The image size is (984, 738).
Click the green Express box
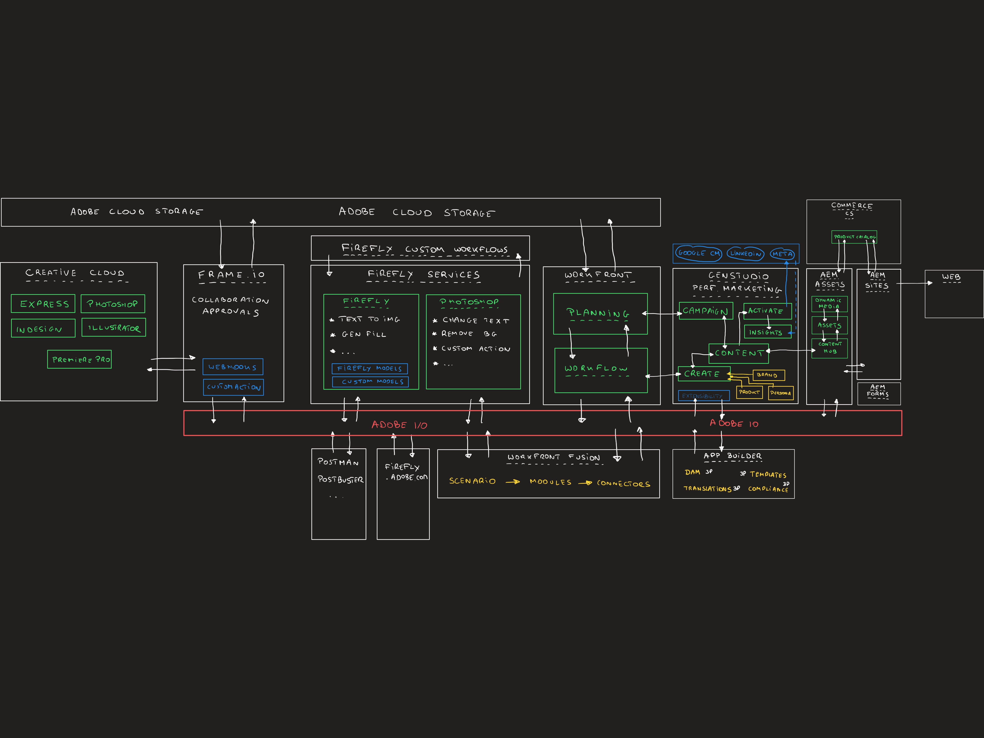43,304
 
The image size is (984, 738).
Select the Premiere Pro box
80,360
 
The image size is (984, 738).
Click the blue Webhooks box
233,367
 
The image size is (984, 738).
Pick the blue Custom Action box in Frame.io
233,387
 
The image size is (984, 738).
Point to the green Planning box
600,314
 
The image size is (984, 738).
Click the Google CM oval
698,253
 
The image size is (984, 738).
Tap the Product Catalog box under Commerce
854,237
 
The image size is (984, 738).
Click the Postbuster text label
340,479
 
